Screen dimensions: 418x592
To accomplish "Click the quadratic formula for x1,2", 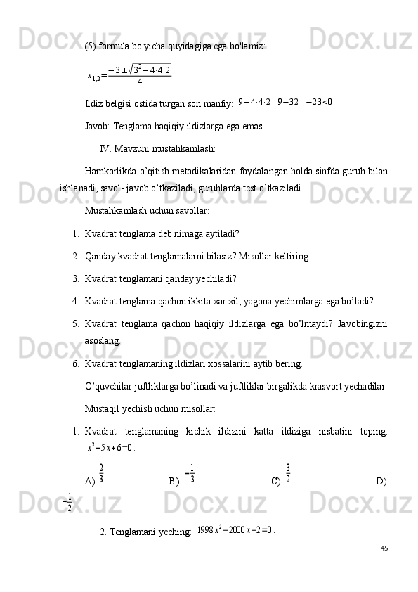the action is coord(129,74).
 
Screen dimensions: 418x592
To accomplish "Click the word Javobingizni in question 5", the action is coord(356,323).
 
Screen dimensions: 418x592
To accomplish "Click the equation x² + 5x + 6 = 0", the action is coord(110,447).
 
